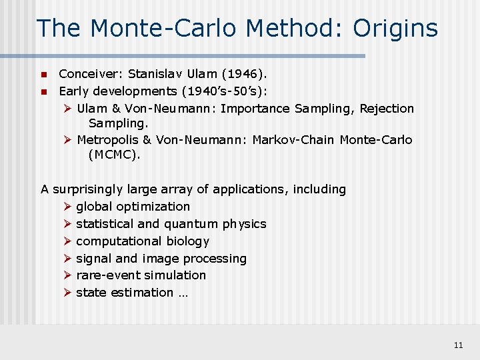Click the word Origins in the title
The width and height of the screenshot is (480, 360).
coord(395,28)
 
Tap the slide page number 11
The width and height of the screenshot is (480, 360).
coord(458,345)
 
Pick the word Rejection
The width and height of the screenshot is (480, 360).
coord(387,108)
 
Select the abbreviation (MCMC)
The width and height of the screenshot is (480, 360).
coord(115,155)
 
